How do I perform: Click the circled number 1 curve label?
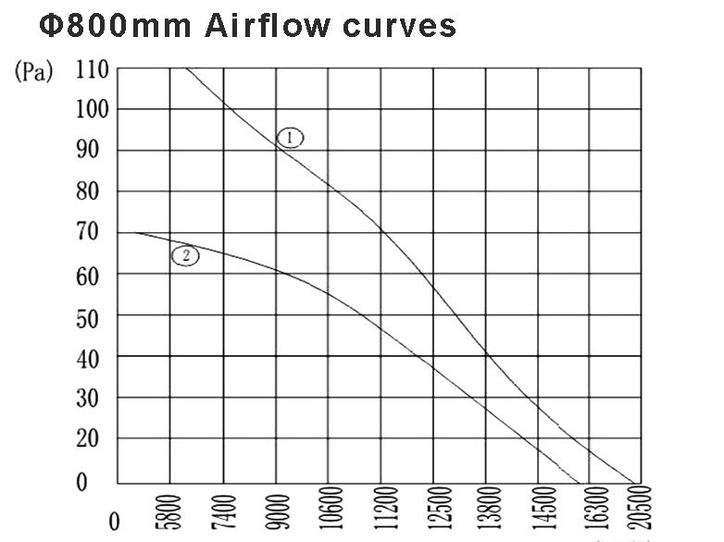tap(290, 138)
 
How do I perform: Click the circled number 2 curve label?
tap(185, 256)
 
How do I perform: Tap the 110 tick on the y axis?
tap(93, 69)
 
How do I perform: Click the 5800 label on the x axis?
tap(170, 511)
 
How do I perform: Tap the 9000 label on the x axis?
tap(276, 511)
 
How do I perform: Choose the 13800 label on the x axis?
tap(487, 511)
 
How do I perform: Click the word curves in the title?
tap(400, 26)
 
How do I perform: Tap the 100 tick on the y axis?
tap(93, 110)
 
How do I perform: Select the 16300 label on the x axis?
tap(592, 511)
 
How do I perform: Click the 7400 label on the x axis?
tap(223, 511)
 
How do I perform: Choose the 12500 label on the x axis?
tap(434, 511)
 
